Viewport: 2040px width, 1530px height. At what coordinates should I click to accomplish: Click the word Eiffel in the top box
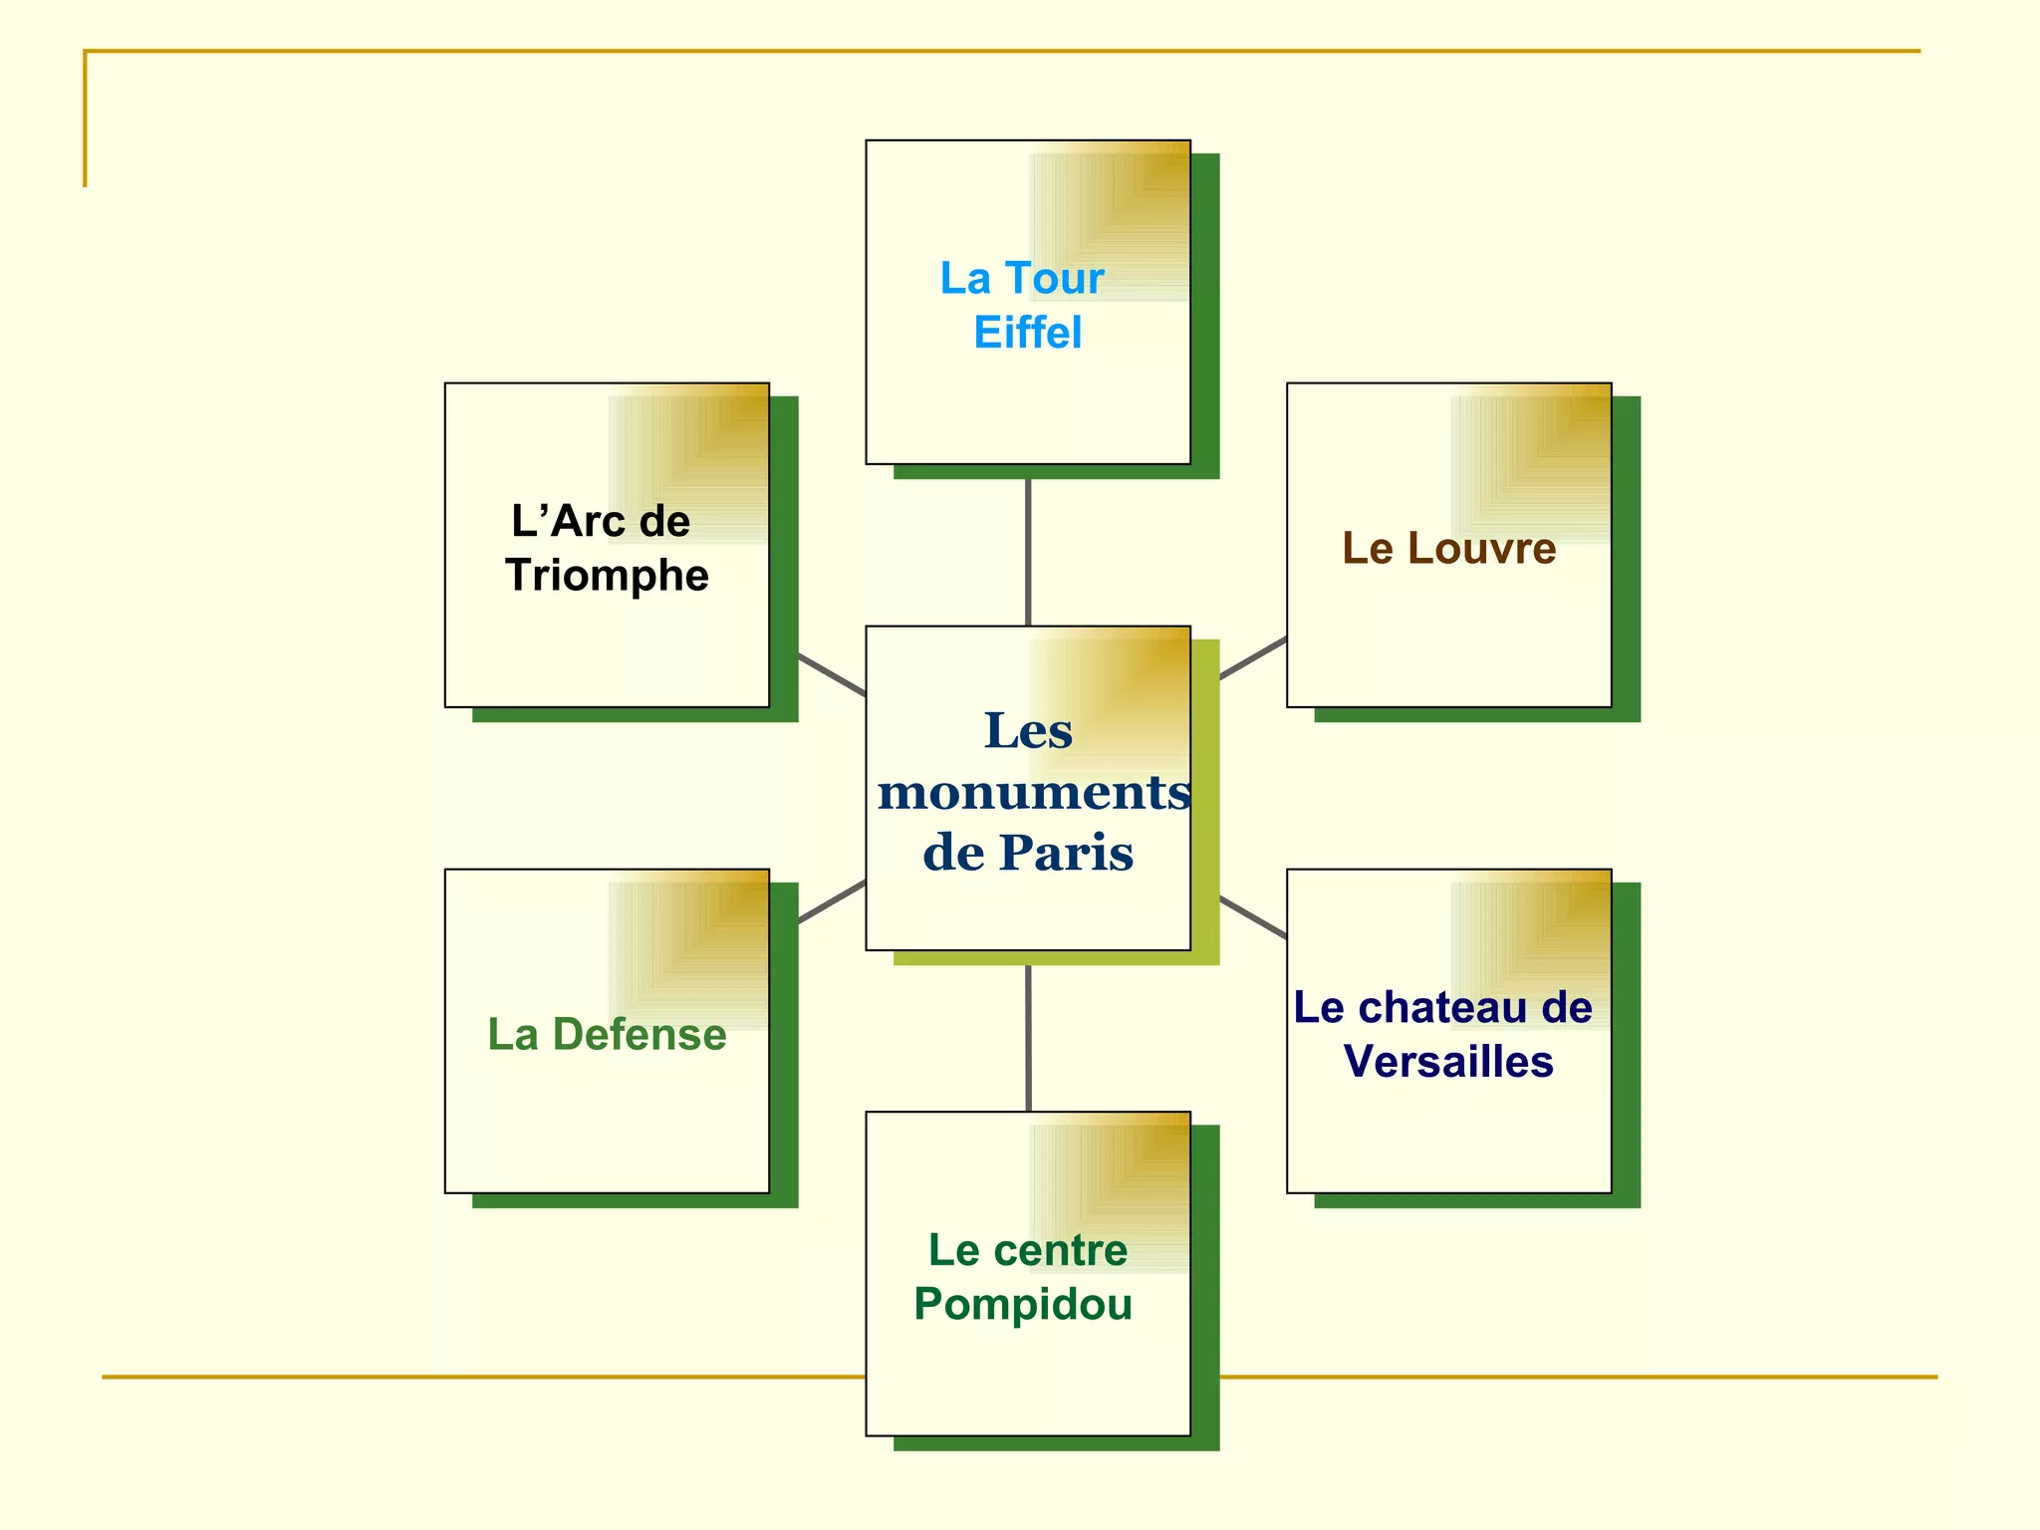tap(1027, 333)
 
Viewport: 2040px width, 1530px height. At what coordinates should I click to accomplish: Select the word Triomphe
tap(607, 576)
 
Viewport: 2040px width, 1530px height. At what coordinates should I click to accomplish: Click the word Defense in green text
tap(638, 1035)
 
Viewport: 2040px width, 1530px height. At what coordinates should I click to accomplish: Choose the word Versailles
tap(1448, 1062)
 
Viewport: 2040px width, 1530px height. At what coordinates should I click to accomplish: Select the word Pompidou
tap(1023, 1305)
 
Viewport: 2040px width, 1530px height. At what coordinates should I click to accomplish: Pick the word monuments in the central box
tap(1033, 793)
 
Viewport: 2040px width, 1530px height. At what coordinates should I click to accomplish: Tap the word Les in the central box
tap(1028, 731)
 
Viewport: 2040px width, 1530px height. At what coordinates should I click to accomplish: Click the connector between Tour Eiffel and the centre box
tap(1027, 552)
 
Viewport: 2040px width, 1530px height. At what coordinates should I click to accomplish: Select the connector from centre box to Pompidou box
tap(1027, 1038)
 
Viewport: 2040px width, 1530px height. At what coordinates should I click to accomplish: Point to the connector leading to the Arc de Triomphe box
tap(832, 674)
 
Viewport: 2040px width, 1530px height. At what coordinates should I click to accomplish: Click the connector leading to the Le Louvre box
tap(1253, 657)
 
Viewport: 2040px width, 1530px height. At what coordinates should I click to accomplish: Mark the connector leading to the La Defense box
tap(832, 901)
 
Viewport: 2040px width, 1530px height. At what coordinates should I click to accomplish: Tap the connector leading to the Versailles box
tap(1253, 917)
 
